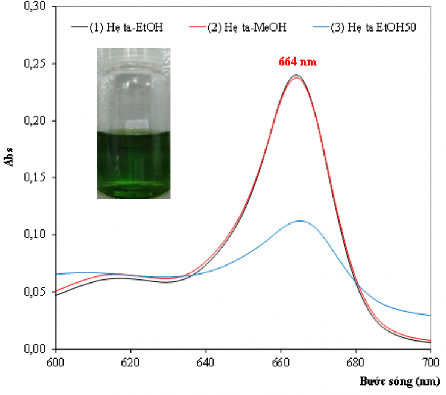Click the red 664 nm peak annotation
click(x=297, y=62)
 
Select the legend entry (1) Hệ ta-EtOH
click(x=117, y=27)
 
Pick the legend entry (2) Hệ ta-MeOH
click(x=238, y=27)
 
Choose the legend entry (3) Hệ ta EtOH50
click(x=365, y=27)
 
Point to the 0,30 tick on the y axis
click(x=35, y=6)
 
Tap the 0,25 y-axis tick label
click(x=35, y=63)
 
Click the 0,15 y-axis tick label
click(x=35, y=177)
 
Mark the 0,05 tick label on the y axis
click(x=35, y=292)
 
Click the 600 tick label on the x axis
click(x=55, y=362)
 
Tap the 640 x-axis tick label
click(x=205, y=362)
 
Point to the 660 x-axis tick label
click(x=281, y=362)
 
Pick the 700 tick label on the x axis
click(x=431, y=362)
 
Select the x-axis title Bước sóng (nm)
click(x=400, y=381)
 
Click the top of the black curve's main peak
click(x=297, y=75)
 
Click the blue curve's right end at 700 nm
click(x=431, y=315)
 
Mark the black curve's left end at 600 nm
click(x=56, y=295)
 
